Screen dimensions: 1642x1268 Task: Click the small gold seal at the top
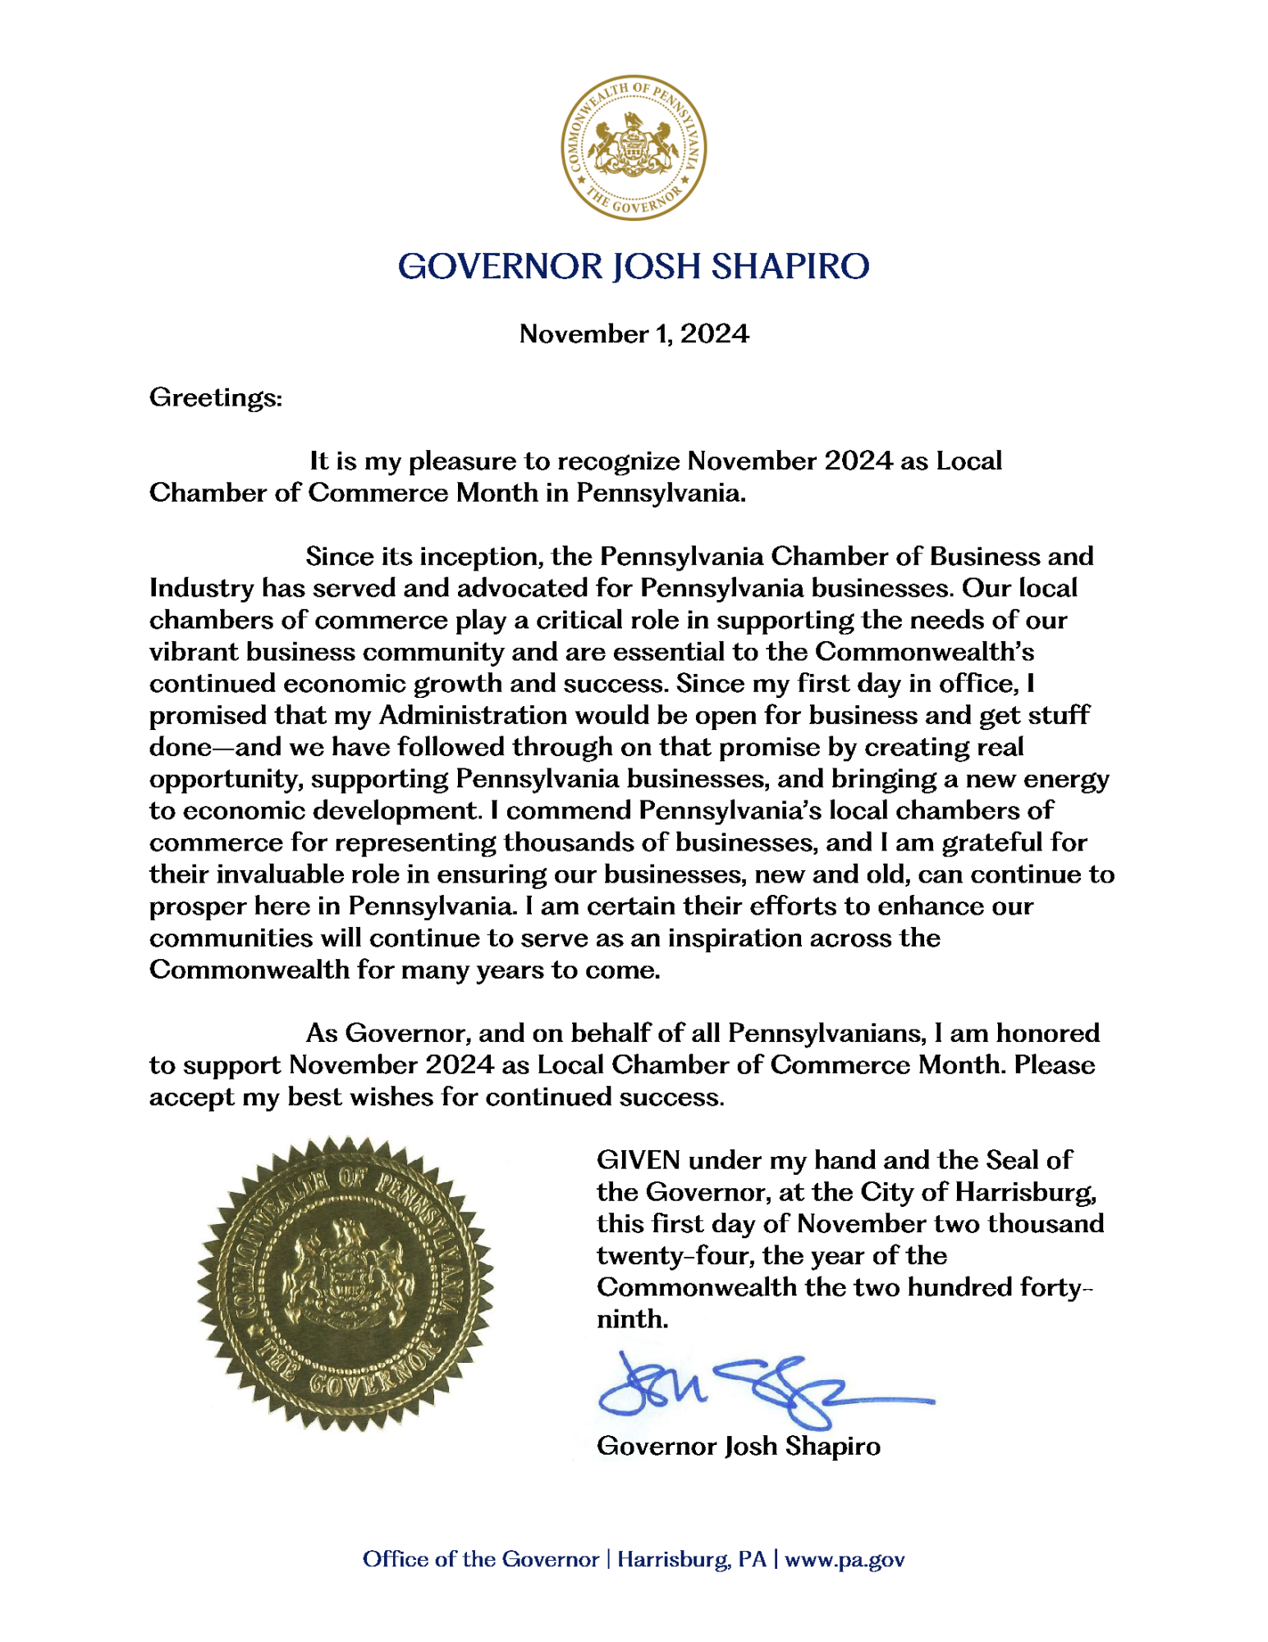click(633, 148)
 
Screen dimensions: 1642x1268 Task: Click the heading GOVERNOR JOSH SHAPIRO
click(633, 267)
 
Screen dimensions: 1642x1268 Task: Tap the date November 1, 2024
click(634, 334)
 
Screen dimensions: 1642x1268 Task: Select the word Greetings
click(214, 398)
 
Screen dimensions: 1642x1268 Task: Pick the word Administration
click(472, 716)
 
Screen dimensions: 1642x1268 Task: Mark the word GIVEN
click(638, 1161)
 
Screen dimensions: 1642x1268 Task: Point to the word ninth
click(631, 1319)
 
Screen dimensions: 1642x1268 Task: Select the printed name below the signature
click(738, 1447)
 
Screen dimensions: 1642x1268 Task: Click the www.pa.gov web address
click(845, 1560)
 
